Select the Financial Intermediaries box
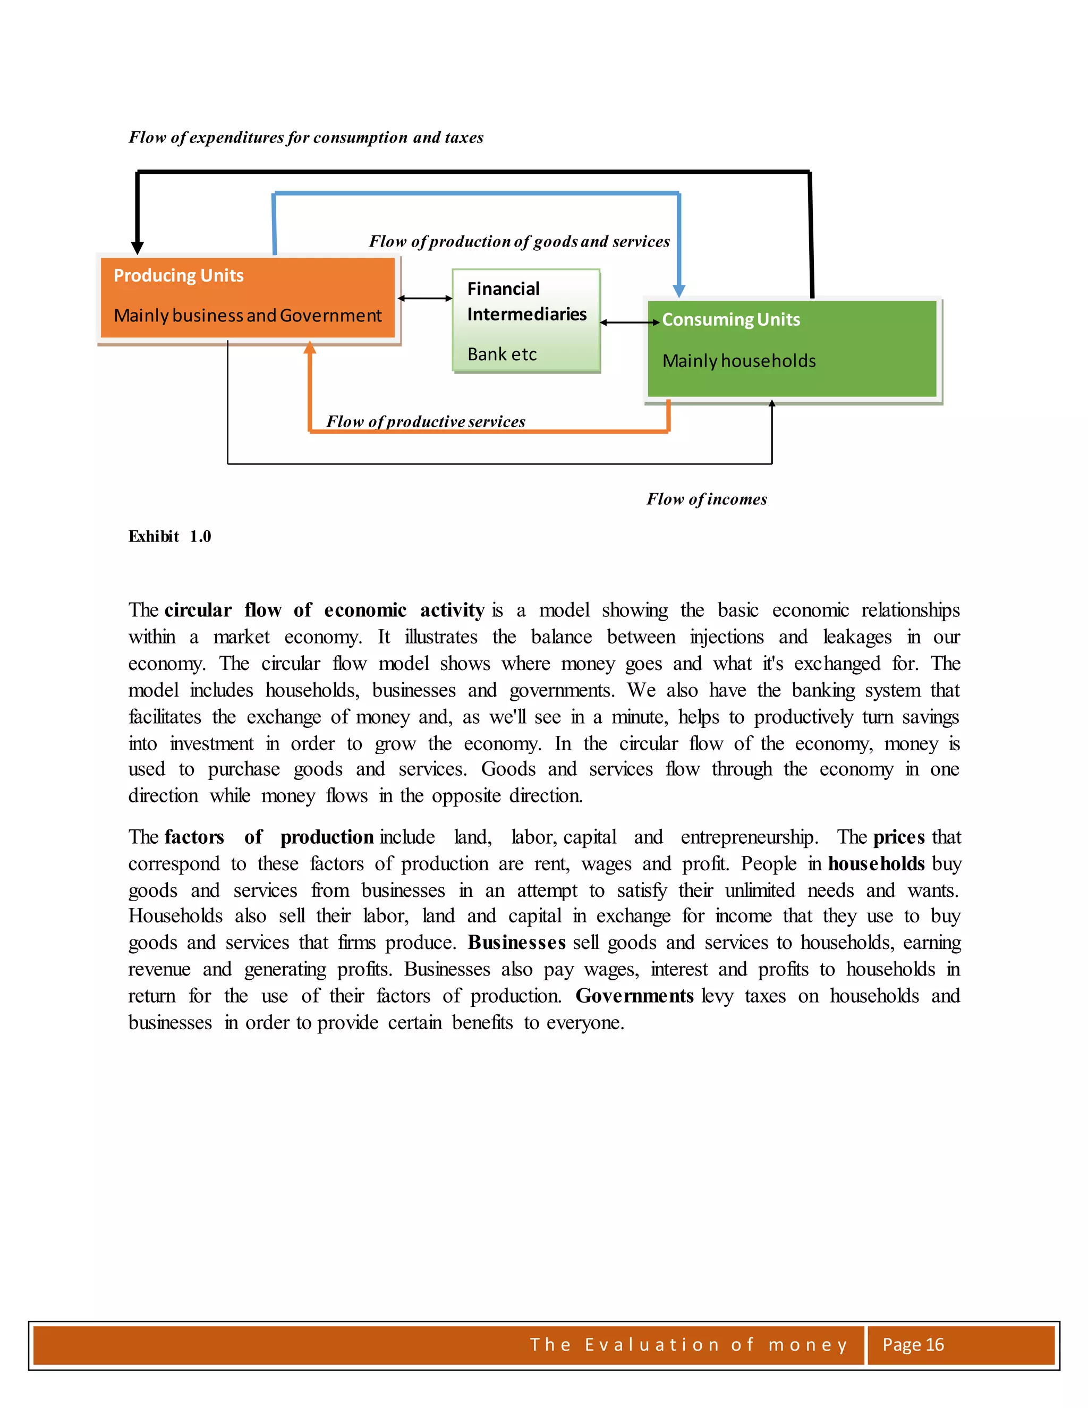[x=526, y=320]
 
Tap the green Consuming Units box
[x=792, y=348]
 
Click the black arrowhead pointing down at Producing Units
[x=137, y=248]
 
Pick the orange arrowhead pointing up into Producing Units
[x=310, y=348]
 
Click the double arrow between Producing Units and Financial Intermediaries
[x=425, y=298]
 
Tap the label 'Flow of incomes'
[x=707, y=499]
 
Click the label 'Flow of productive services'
[x=426, y=422]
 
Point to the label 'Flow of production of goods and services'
[x=519, y=241]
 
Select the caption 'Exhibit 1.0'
[x=169, y=537]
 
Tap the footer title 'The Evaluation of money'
[x=688, y=1345]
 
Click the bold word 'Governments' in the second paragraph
[x=634, y=996]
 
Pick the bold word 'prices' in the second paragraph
[x=898, y=837]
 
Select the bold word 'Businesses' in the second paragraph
[x=516, y=943]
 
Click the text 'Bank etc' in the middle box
[x=502, y=354]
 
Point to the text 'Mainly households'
[x=738, y=361]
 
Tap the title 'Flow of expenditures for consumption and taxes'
[x=306, y=137]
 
